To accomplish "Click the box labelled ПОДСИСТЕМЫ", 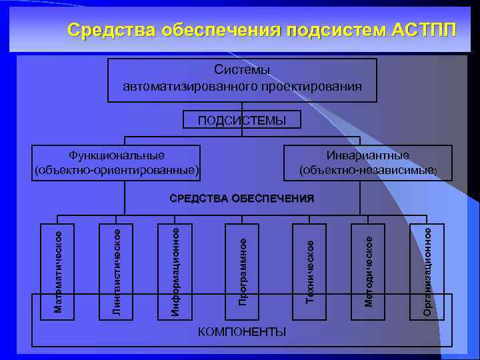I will pyautogui.click(x=242, y=121).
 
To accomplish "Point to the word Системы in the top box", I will pyautogui.click(x=242, y=70).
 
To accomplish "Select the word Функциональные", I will pyautogui.click(x=117, y=155).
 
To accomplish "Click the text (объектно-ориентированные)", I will pyautogui.click(x=117, y=170).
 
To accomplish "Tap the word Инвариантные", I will pyautogui.click(x=367, y=155).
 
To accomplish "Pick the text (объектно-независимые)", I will pyautogui.click(x=367, y=170).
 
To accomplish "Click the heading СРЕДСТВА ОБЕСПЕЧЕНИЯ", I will pyautogui.click(x=242, y=198).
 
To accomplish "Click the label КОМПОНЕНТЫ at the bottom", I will pyautogui.click(x=243, y=331).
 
